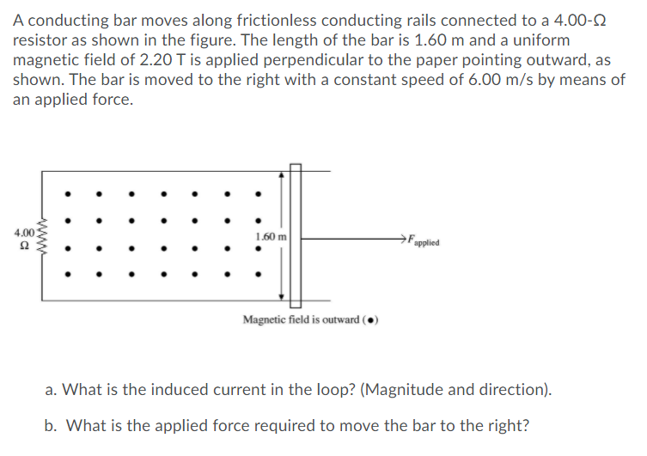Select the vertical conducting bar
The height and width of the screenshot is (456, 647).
click(x=295, y=236)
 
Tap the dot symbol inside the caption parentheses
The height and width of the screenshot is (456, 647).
click(x=369, y=320)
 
